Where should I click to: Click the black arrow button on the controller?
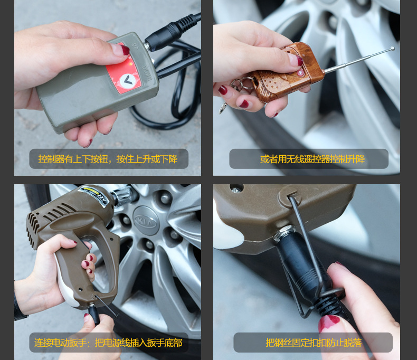pos(128,80)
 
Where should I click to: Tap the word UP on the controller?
pos(135,46)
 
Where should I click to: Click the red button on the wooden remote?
pos(300,73)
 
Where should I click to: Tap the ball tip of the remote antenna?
pos(393,48)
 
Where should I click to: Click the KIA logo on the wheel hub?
pos(146,221)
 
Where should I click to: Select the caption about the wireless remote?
pos(312,159)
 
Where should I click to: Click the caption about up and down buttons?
pos(108,159)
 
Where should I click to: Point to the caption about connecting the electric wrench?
pos(108,343)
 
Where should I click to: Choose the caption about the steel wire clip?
pos(314,343)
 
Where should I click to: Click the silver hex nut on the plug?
pos(285,233)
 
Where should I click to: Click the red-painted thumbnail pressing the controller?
pos(124,50)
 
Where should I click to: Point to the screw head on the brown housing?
pos(235,190)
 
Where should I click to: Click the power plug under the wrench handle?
pos(94,314)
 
